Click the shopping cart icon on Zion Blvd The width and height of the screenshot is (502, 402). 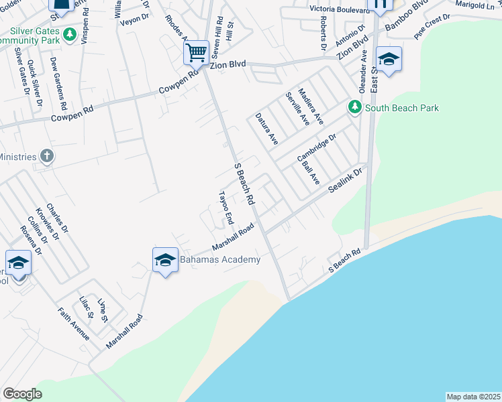(x=196, y=52)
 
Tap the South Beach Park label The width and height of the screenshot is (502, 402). (x=401, y=108)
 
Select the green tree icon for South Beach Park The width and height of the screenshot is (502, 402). (x=354, y=107)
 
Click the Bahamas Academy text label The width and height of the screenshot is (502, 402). (x=219, y=259)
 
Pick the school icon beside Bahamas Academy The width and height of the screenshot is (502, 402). (x=164, y=260)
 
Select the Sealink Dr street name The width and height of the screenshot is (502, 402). (x=344, y=181)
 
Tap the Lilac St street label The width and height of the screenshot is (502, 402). (x=85, y=309)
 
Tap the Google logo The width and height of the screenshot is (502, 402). (x=21, y=394)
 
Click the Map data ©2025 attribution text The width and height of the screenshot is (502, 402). (x=473, y=396)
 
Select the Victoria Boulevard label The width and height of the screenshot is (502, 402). (x=340, y=9)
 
